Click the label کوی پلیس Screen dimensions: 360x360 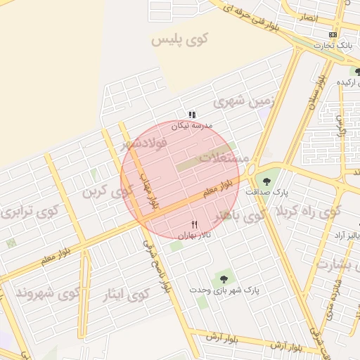click(181, 39)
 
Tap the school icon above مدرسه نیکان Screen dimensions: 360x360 click(192, 114)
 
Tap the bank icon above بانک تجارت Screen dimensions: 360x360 click(333, 34)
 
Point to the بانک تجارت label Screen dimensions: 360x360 click(334, 45)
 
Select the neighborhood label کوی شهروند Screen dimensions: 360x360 click(48, 292)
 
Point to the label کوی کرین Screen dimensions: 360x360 click(106, 191)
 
